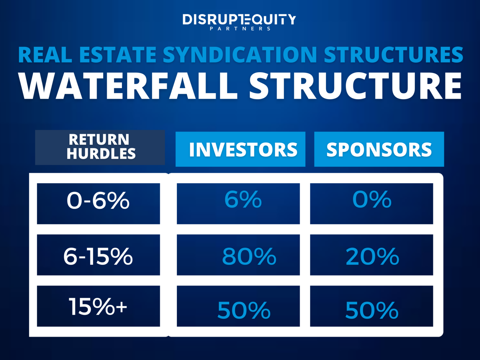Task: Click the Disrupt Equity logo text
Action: tap(239, 19)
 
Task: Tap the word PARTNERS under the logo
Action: tap(240, 29)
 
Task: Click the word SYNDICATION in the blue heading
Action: tap(240, 55)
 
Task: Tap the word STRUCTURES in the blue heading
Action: tap(393, 55)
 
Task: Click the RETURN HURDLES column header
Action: tap(100, 147)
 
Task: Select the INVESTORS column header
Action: tap(243, 150)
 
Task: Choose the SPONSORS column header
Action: tap(379, 150)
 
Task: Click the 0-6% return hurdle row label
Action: tap(98, 201)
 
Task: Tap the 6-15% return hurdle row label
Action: tap(98, 256)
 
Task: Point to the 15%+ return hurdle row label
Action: tap(98, 307)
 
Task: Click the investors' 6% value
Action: tap(243, 199)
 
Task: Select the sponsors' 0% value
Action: tap(372, 199)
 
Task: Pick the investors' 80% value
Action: tap(249, 257)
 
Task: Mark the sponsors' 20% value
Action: tap(372, 257)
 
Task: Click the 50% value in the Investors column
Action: tap(244, 310)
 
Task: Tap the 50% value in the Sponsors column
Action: tap(372, 310)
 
